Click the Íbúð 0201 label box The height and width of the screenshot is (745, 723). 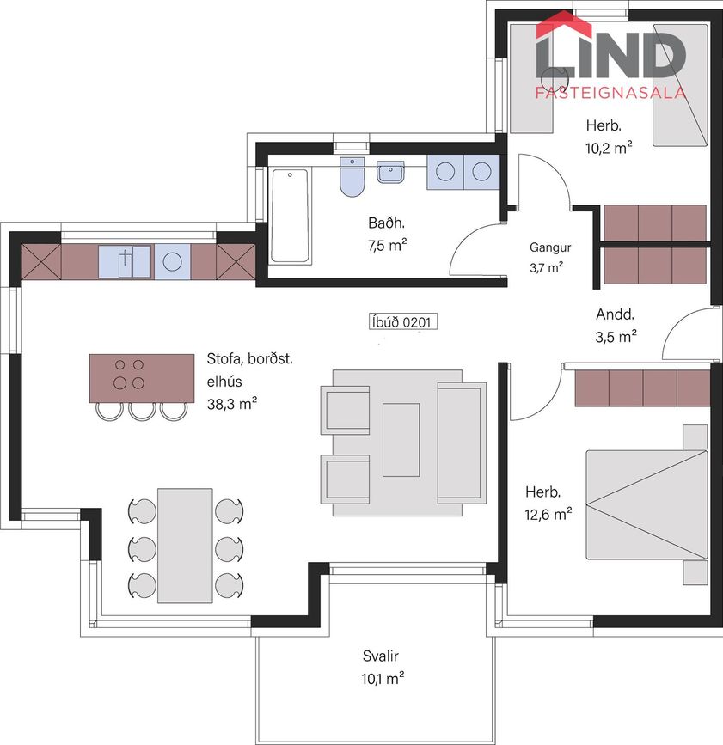(x=402, y=321)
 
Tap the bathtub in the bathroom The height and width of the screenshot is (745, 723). (x=290, y=216)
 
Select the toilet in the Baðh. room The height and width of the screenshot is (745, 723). (x=352, y=177)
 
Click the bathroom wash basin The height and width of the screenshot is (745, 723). (x=390, y=172)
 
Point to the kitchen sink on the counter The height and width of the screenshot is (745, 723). (x=125, y=261)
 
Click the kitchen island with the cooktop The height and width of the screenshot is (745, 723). (x=142, y=378)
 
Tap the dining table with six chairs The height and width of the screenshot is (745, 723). (x=185, y=546)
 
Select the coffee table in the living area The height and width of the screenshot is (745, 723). (x=401, y=439)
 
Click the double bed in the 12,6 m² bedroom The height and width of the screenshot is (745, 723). (x=647, y=504)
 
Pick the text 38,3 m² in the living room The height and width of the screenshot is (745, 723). (x=232, y=404)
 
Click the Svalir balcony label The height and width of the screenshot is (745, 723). (x=380, y=656)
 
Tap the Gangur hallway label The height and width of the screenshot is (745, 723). (x=550, y=247)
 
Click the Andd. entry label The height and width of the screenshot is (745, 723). (x=615, y=314)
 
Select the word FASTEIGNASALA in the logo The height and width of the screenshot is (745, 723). (x=611, y=92)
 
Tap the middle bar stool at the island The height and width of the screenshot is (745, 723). (x=142, y=411)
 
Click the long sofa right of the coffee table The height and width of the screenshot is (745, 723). (x=462, y=443)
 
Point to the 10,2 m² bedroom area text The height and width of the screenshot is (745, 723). (x=609, y=148)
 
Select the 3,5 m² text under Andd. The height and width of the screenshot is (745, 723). (x=616, y=336)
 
